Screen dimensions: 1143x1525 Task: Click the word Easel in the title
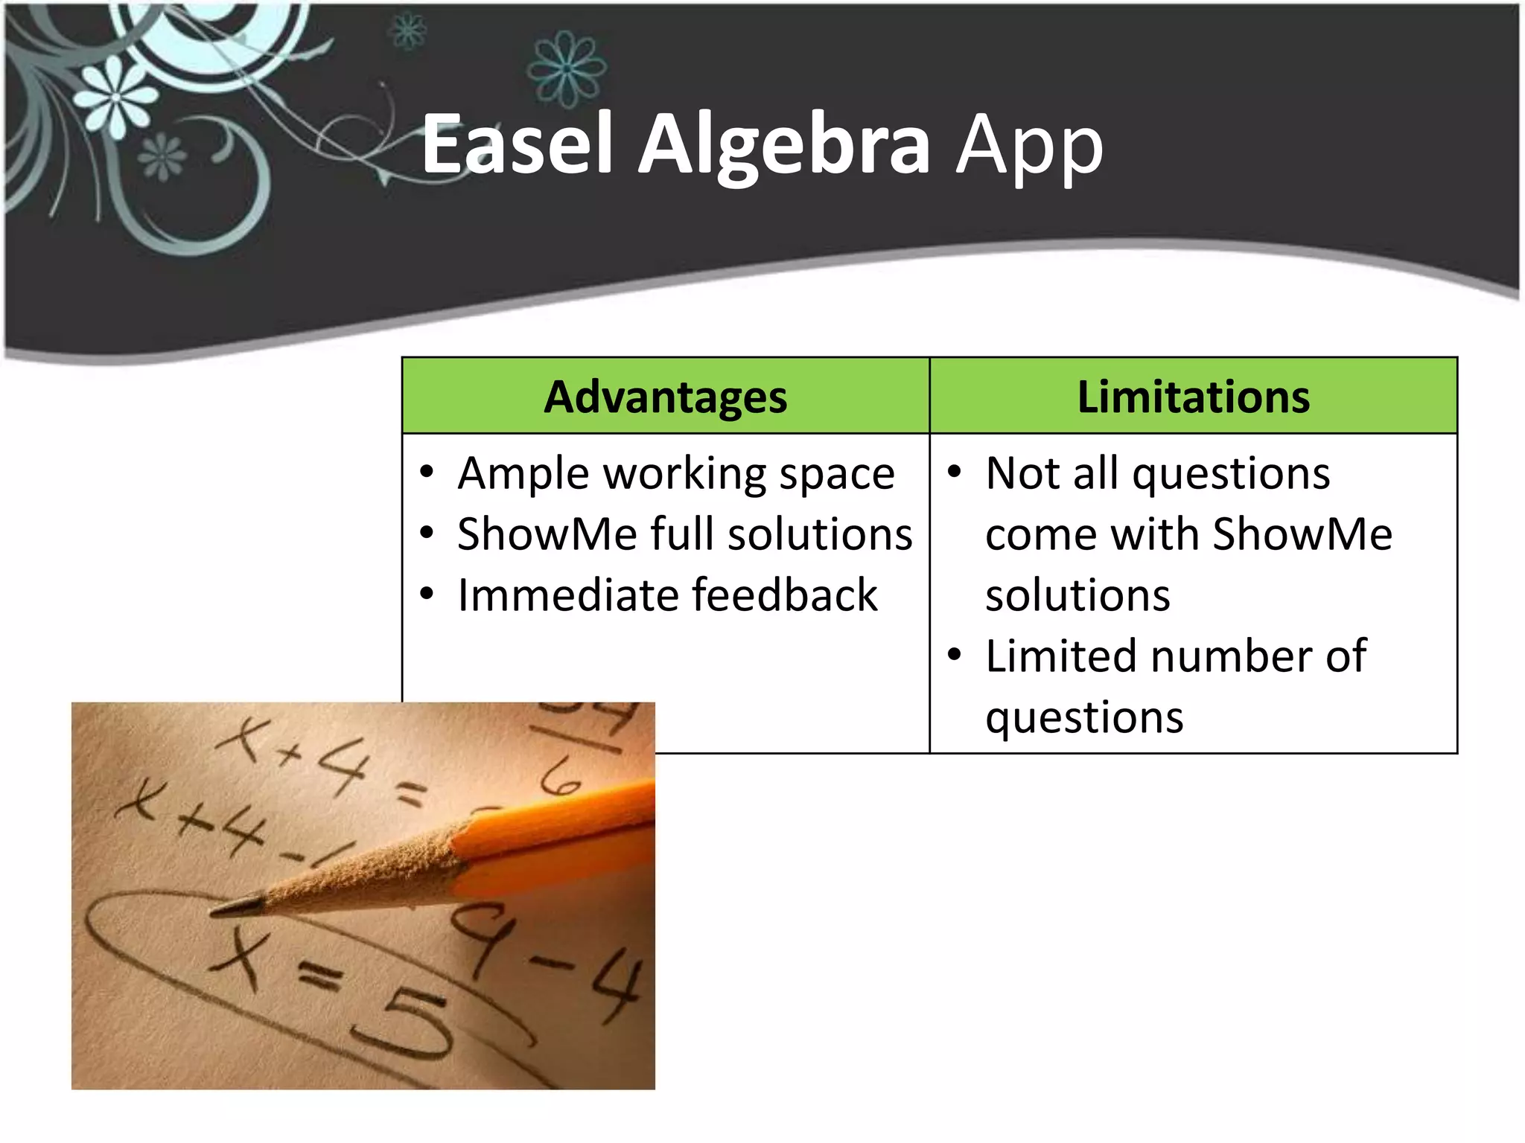(x=517, y=145)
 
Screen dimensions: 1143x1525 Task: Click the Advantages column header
(x=665, y=397)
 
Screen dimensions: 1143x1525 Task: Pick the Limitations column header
(x=1193, y=397)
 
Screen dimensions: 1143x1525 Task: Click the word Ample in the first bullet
(x=523, y=474)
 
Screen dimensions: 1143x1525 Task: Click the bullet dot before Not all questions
(x=955, y=472)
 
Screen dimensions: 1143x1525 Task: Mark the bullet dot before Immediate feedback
(x=427, y=594)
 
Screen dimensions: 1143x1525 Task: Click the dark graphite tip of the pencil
(x=237, y=907)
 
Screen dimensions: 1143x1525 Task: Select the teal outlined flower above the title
(x=567, y=68)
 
